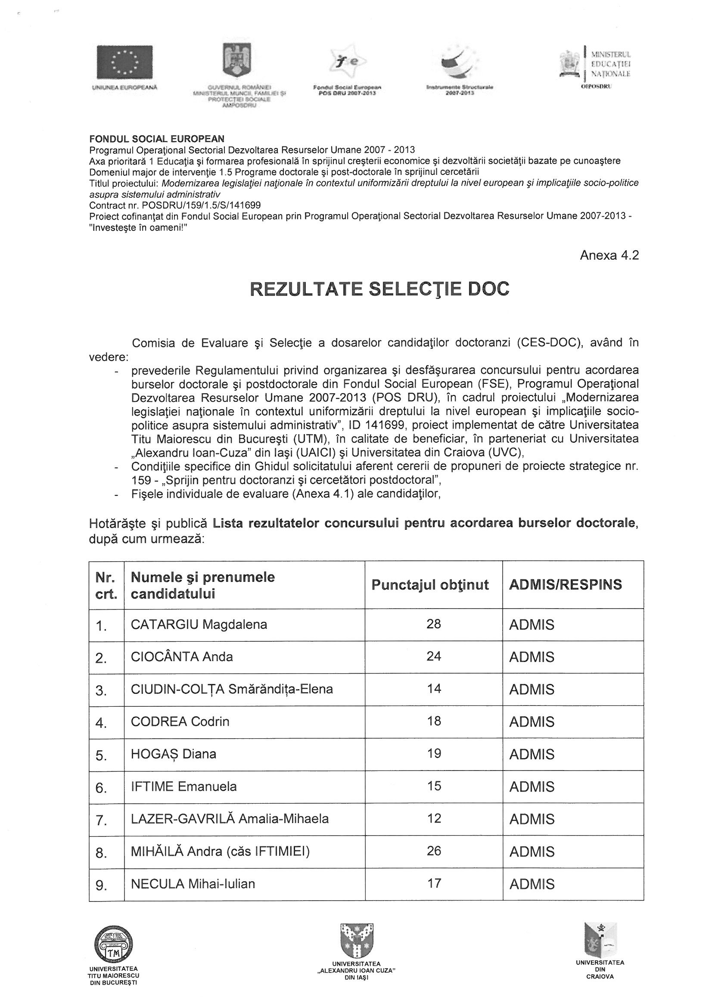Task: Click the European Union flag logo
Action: [x=124, y=62]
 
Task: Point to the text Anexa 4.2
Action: [x=609, y=255]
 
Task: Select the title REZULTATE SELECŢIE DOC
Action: [x=379, y=289]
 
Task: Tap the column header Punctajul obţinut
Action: [x=430, y=584]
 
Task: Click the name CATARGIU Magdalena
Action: [x=199, y=624]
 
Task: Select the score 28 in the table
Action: [x=433, y=624]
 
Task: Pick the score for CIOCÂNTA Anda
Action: [x=433, y=656]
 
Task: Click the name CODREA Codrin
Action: [x=180, y=721]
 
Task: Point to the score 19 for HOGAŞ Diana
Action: [x=433, y=753]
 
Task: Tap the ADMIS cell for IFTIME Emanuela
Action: [x=532, y=786]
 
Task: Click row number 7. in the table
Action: [x=101, y=819]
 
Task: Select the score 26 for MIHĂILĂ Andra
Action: [x=433, y=851]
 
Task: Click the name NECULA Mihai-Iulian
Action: [x=193, y=884]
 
